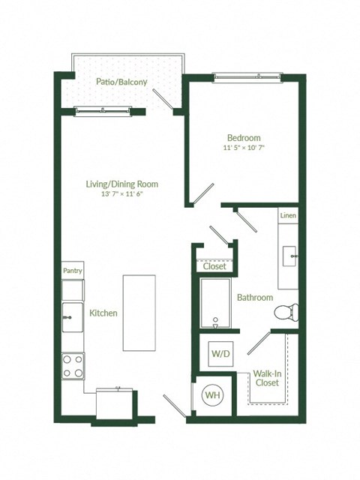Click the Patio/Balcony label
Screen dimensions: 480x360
121,82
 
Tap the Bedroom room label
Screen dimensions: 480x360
244,137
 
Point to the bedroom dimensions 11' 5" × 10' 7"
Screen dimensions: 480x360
244,148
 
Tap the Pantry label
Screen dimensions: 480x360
73,271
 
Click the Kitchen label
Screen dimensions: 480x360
103,313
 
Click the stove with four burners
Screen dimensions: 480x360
73,366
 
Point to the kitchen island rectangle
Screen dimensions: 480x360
139,312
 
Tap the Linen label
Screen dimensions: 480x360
288,216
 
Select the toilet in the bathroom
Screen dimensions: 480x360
286,310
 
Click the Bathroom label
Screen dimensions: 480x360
255,298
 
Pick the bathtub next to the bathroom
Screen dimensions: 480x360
215,304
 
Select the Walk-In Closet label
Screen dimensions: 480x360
266,377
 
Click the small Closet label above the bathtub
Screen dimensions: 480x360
214,266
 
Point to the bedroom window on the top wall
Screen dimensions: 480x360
244,76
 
